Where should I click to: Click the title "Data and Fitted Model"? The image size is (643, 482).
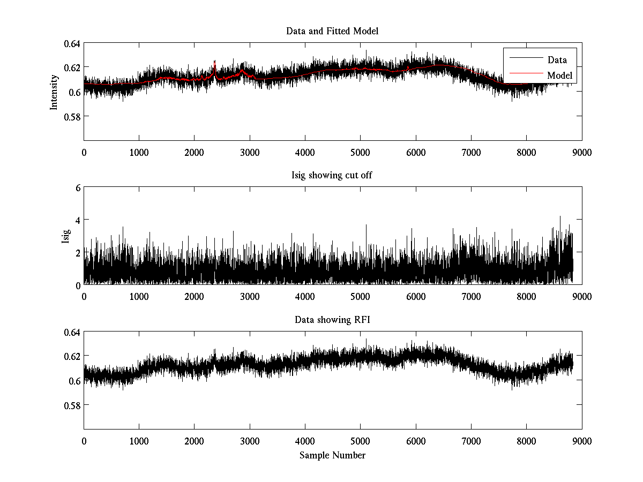point(332,31)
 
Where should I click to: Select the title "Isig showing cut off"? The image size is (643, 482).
point(332,176)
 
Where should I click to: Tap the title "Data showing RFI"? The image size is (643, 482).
point(332,320)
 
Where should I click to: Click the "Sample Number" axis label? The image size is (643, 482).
point(332,455)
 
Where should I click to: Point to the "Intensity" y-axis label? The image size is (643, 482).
point(54,92)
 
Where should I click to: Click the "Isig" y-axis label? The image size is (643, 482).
point(65,236)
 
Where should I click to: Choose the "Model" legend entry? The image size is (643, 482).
point(560,76)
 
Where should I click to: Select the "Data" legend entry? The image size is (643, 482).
point(557,59)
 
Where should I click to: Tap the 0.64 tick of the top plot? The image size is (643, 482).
point(73,43)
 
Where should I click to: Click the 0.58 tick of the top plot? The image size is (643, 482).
point(73,116)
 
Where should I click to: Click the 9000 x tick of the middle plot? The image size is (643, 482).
point(582,296)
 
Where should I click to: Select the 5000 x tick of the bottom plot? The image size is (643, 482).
point(360,441)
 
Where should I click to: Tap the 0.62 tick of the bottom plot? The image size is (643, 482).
point(73,356)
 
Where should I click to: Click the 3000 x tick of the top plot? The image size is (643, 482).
point(250,152)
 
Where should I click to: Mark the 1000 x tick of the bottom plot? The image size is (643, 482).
point(139,441)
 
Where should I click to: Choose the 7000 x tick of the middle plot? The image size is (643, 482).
point(471,296)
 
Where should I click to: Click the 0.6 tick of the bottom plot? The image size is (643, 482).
point(75,381)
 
